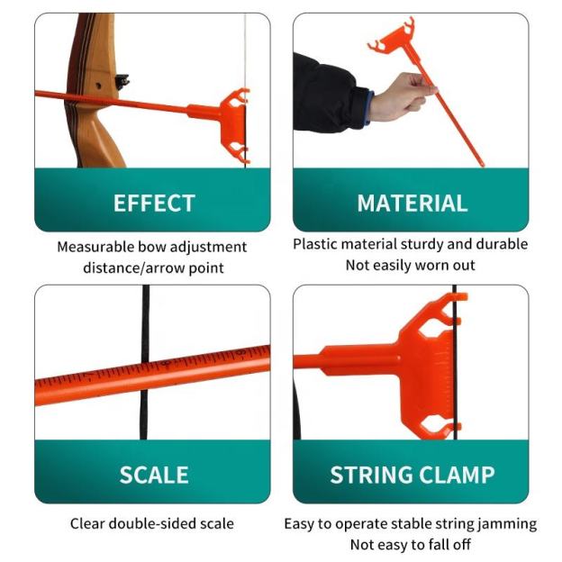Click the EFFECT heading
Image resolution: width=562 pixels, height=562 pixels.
point(153,204)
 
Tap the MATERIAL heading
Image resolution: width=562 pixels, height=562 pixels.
point(412,204)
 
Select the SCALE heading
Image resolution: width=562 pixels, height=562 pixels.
point(153,476)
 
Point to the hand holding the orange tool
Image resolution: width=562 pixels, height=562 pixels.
point(402,95)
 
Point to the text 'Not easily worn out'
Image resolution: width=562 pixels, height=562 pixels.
point(411,265)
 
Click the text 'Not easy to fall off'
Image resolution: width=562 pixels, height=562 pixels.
point(411,544)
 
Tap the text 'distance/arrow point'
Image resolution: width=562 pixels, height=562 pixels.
point(152,267)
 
